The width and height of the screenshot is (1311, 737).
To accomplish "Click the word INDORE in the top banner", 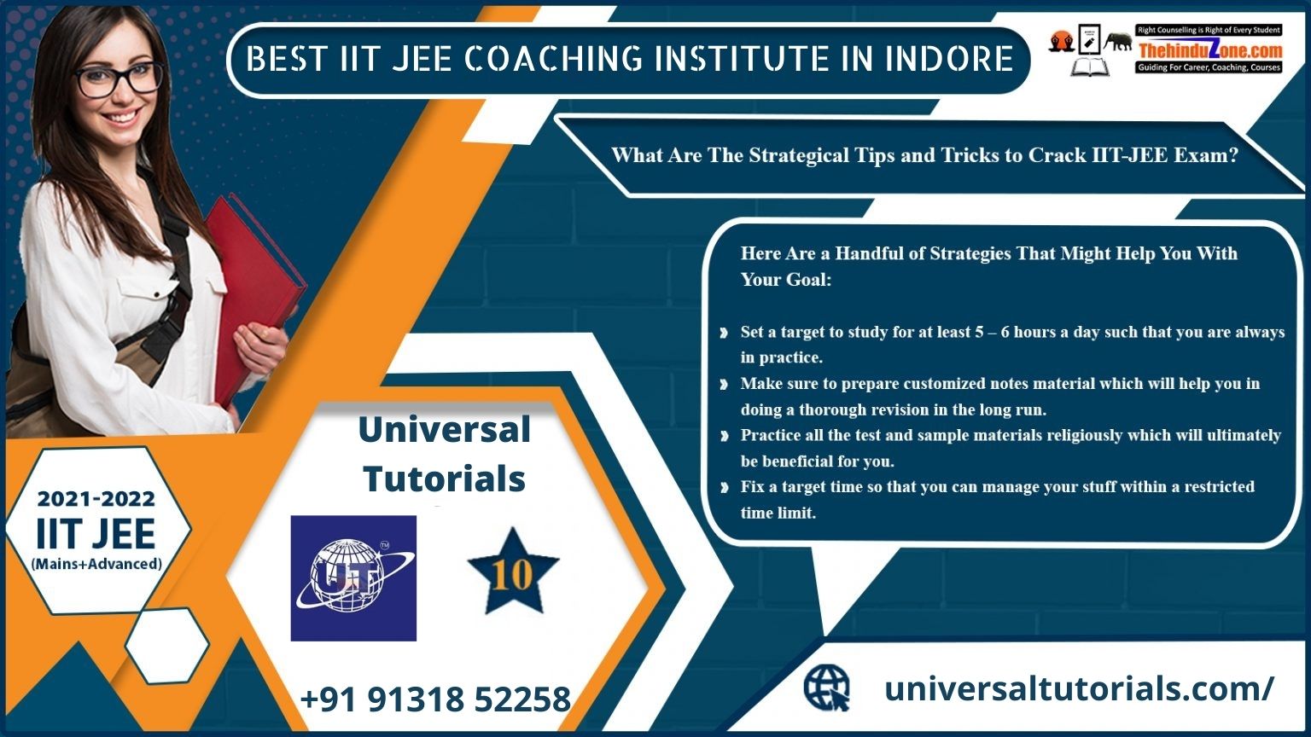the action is (948, 59).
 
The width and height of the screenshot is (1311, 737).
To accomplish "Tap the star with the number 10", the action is (513, 572).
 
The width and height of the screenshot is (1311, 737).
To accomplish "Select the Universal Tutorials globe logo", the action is (353, 577).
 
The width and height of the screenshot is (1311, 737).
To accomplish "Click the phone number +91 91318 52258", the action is (434, 699).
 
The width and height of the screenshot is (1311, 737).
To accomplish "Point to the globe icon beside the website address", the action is (826, 688).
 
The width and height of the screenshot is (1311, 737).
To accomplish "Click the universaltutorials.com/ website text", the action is (1078, 688).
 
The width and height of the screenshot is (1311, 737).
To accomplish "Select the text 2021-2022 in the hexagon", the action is (96, 499).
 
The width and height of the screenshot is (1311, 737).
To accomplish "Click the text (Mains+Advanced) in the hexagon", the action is (96, 564).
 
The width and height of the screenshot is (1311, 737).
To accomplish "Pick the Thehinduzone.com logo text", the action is (1209, 50).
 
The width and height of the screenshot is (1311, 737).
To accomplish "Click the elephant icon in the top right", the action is (1118, 41).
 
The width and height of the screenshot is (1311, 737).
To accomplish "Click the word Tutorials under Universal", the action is (444, 479).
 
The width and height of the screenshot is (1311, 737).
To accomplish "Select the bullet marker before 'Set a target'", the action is (724, 333).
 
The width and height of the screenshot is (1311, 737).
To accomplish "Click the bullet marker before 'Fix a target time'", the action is (724, 487).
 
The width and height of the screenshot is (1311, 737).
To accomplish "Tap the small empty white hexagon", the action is (167, 646).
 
